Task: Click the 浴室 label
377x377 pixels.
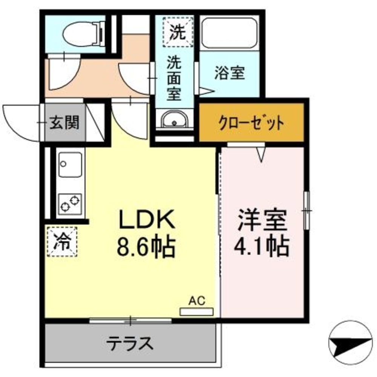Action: [x=230, y=73]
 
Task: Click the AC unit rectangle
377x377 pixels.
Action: [x=196, y=312]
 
